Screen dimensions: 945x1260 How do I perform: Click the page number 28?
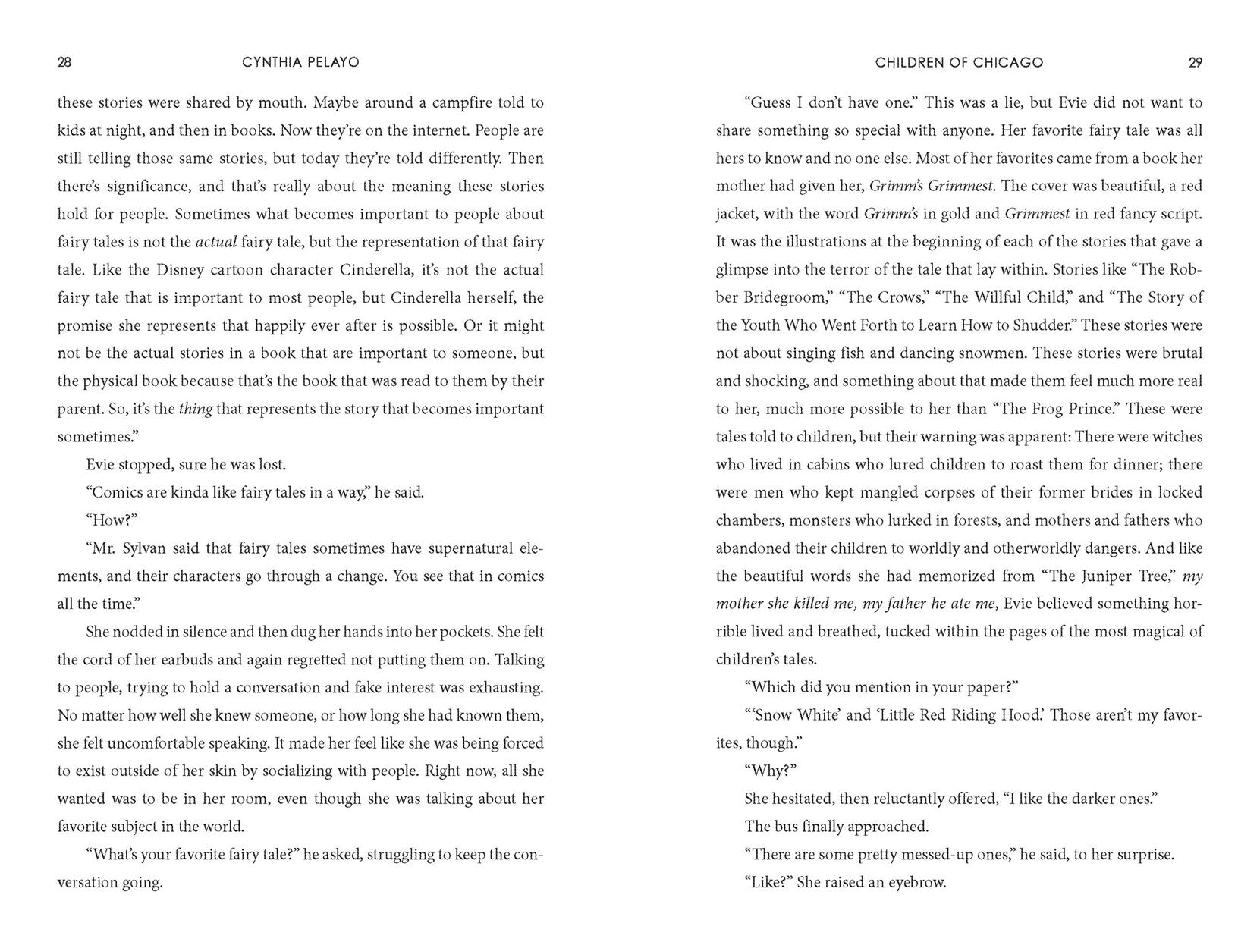(64, 63)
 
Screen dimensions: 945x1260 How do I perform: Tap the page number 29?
(1195, 63)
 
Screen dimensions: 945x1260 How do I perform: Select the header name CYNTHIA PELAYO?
(300, 63)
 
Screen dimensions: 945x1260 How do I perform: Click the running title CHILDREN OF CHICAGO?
(959, 63)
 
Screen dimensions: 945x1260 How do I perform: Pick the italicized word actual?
(216, 242)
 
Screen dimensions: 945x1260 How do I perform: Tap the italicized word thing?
(195, 410)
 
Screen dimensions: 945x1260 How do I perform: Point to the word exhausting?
(495, 688)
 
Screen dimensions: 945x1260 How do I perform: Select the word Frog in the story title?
(1042, 410)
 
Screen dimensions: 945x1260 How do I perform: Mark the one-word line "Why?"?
(769, 771)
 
